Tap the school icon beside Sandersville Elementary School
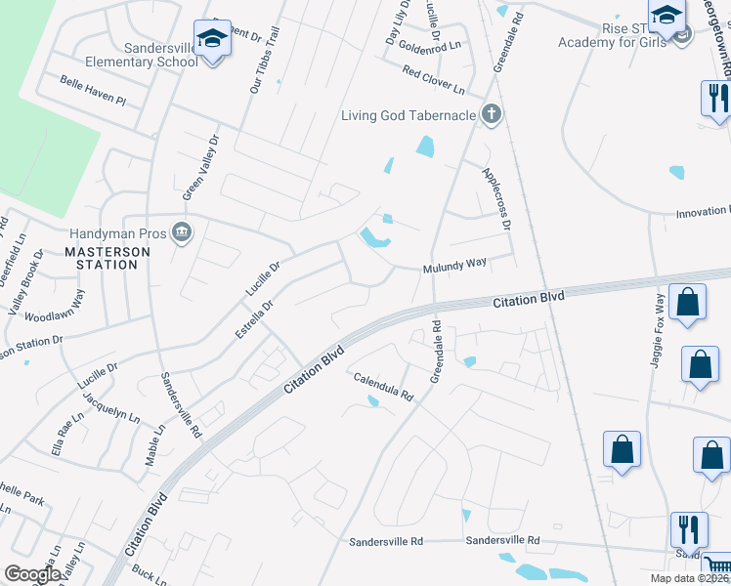tap(211, 39)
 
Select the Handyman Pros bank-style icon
tap(182, 232)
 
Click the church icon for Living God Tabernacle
tap(492, 115)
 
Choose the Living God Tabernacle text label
tap(408, 116)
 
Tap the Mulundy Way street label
tap(454, 265)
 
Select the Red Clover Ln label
tap(434, 79)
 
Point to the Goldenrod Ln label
tap(430, 46)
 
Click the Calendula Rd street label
tap(384, 387)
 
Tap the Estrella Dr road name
tap(253, 318)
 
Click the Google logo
tap(32, 574)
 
